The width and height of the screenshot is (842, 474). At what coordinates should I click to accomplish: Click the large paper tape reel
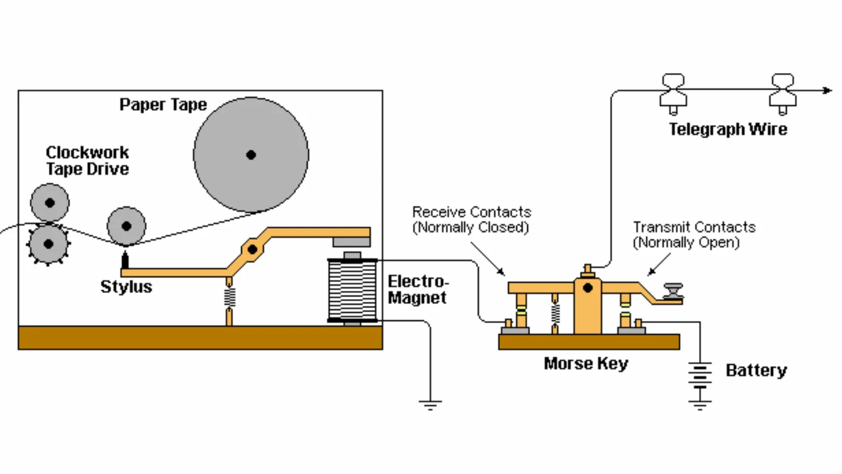(x=251, y=155)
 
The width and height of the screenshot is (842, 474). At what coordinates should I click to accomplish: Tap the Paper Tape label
(x=163, y=105)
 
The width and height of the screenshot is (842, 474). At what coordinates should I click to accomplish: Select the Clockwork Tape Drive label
(x=87, y=161)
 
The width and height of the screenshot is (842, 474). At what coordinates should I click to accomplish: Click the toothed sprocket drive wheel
(x=48, y=244)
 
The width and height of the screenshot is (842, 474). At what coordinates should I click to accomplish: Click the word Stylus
(x=126, y=286)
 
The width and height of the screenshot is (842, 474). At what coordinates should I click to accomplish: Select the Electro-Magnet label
(x=418, y=290)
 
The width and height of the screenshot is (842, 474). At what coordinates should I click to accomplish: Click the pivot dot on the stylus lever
(x=252, y=250)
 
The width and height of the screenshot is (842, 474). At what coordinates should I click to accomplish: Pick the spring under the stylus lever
(x=229, y=298)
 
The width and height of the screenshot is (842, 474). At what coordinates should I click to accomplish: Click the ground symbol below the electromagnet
(x=430, y=405)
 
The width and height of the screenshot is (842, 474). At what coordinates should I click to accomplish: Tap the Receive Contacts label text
(x=471, y=219)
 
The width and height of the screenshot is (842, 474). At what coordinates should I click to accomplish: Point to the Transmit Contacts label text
(x=693, y=235)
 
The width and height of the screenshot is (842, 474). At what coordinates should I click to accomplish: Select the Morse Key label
(x=585, y=364)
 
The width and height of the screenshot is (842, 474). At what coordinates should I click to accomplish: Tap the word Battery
(x=756, y=370)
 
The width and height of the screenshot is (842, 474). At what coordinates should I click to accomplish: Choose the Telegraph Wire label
(x=727, y=129)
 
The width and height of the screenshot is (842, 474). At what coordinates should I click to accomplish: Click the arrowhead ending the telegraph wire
(x=827, y=90)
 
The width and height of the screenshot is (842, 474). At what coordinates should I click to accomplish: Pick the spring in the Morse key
(x=555, y=313)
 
